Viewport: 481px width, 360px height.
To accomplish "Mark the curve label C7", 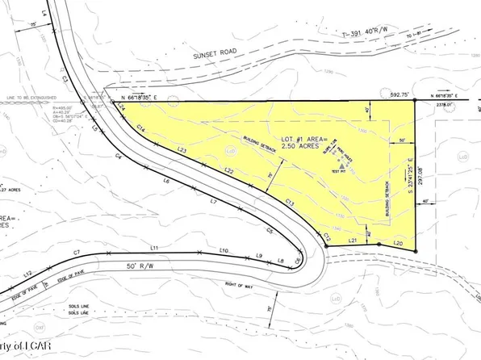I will pyautogui.click(x=77, y=254).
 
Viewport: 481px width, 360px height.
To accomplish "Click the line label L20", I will pyautogui.click(x=397, y=243).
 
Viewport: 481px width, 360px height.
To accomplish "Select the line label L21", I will pyautogui.click(x=352, y=241).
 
